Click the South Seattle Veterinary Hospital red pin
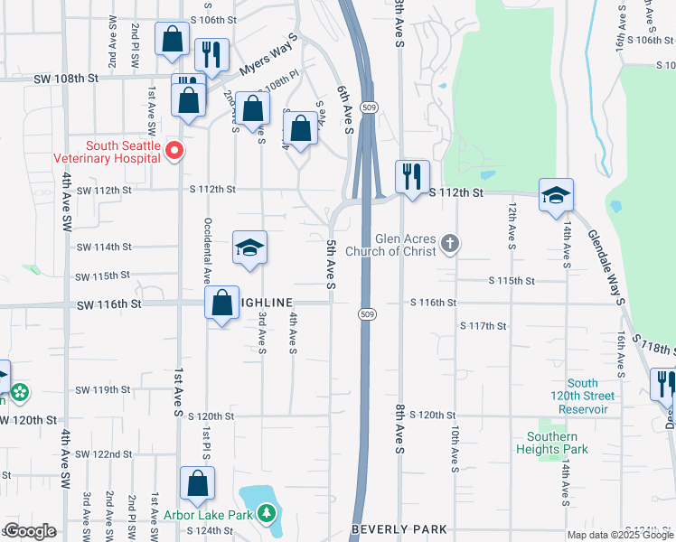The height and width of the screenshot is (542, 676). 175,152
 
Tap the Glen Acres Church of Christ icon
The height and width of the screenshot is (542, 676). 450,243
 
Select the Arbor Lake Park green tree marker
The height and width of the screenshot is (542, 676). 266,514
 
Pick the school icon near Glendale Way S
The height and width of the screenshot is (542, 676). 556,195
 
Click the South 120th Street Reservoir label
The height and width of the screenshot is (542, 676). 583,397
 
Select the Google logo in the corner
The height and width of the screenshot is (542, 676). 30,531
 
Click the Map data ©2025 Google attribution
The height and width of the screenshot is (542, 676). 620,535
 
